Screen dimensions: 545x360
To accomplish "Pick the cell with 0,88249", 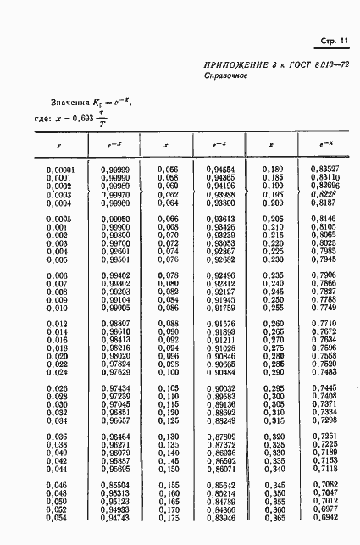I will click(x=221, y=420).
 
